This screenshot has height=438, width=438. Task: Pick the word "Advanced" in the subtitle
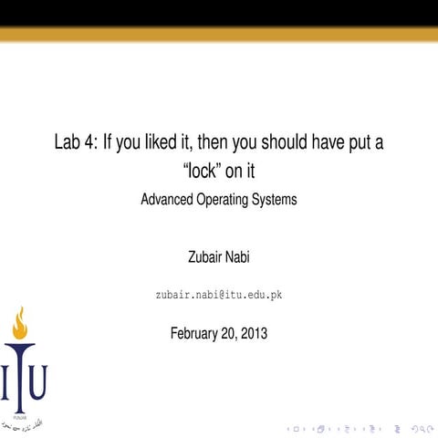pos(169,199)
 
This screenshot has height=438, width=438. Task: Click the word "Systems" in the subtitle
pos(276,199)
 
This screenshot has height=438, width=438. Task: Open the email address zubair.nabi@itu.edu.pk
pos(219,297)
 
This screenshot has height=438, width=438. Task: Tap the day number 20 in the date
pos(227,333)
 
